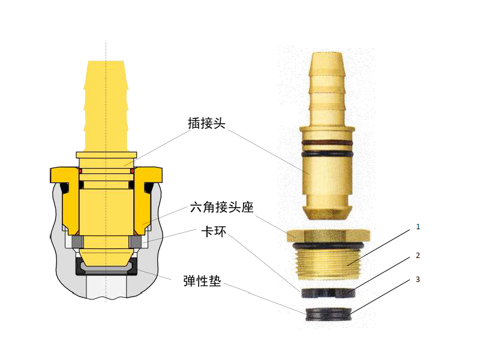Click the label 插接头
(206, 124)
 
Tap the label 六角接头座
(222, 207)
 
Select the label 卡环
(214, 232)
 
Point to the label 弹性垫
(202, 280)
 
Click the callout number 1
(418, 227)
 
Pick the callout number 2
(418, 256)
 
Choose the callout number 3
(418, 280)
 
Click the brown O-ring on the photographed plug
(327, 143)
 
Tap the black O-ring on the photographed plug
(327, 154)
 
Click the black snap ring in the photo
(328, 293)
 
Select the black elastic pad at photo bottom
(328, 314)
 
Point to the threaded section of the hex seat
(328, 264)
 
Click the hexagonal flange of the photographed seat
(328, 235)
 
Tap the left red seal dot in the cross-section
(80, 170)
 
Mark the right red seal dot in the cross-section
(132, 170)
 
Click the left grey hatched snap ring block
(77, 242)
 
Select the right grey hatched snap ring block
(135, 242)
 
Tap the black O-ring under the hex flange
(328, 245)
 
